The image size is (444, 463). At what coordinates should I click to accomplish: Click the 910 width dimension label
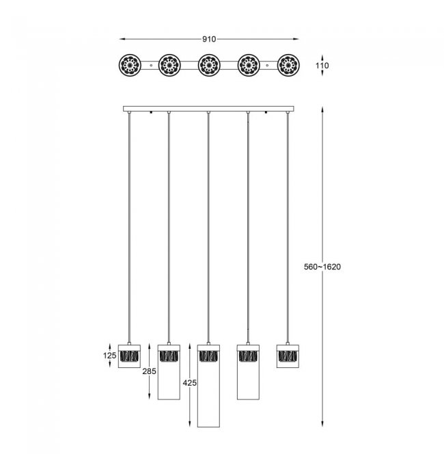[x=209, y=39]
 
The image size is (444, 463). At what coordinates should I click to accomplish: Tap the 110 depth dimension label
[x=322, y=65]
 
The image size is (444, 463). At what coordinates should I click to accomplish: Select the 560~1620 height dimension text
[x=322, y=267]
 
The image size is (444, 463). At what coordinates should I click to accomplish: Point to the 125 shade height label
[x=109, y=356]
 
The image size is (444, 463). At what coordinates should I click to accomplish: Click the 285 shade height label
[x=150, y=371]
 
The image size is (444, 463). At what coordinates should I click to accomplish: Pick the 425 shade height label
[x=189, y=383]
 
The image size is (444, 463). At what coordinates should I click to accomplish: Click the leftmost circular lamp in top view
[x=130, y=65]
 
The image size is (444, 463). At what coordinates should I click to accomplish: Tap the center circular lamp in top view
[x=209, y=65]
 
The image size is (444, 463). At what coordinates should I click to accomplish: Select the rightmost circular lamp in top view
[x=288, y=65]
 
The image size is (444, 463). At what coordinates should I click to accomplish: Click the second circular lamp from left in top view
[x=169, y=65]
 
